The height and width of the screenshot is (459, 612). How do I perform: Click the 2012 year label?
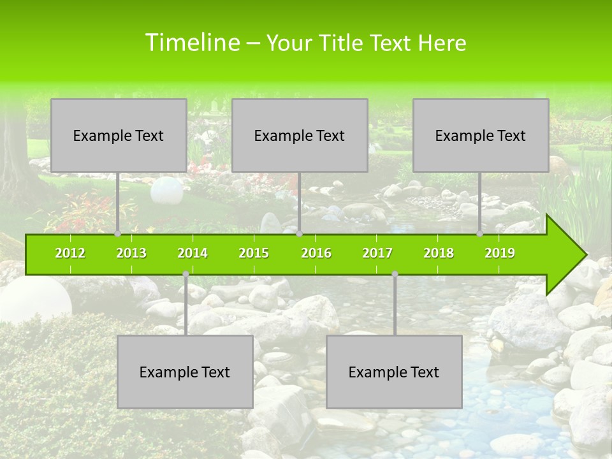70,253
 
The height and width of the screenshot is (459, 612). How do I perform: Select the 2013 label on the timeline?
131,253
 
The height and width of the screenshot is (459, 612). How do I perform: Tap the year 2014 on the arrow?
193,253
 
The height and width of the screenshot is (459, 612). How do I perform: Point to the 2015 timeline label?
254,253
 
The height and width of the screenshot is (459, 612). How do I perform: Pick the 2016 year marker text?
316,253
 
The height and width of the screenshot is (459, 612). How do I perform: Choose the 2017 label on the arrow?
377,253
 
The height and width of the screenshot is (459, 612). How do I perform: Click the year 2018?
439,253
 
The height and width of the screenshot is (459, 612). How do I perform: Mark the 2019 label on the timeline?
500,253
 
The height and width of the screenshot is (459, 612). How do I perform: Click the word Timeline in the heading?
191,43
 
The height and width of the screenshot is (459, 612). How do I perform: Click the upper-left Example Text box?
119,135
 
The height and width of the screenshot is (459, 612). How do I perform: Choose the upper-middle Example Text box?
300,135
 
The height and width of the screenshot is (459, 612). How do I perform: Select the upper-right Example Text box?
481,135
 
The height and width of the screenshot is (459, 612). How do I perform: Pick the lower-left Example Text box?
185,372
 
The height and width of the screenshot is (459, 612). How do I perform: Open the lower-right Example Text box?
394,372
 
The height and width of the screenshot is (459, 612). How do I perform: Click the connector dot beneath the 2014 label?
186,273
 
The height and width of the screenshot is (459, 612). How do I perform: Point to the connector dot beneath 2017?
395,273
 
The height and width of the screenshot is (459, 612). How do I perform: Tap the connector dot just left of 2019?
479,233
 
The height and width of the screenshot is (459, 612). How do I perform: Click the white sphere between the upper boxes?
166,189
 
